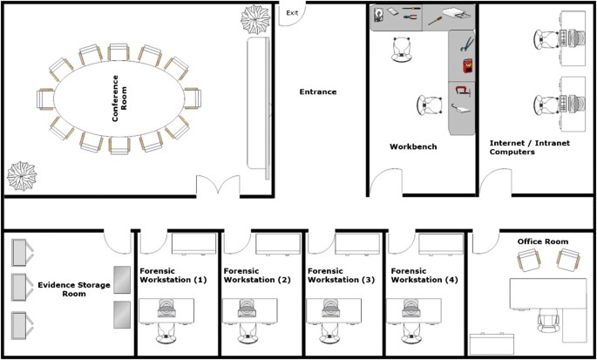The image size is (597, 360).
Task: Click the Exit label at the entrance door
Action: pyautogui.click(x=293, y=12)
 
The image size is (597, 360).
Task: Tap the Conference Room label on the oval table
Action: pyautogui.click(x=119, y=98)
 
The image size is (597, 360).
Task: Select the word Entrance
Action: pyautogui.click(x=318, y=92)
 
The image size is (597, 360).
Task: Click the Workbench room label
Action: pyautogui.click(x=413, y=146)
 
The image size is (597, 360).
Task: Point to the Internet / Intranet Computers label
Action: pyautogui.click(x=530, y=147)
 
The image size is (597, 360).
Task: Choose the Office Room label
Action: pyautogui.click(x=543, y=241)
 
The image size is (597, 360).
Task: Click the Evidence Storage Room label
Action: pyautogui.click(x=74, y=289)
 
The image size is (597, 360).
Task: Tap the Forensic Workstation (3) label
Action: pyautogui.click(x=341, y=275)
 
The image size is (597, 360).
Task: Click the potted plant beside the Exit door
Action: pyautogui.click(x=255, y=18)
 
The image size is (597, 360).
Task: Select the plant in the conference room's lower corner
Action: pyautogui.click(x=22, y=176)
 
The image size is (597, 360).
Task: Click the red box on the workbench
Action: pyautogui.click(x=467, y=66)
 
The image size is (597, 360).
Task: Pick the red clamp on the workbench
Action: pyautogui.click(x=462, y=92)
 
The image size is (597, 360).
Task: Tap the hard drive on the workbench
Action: pyautogui.click(x=378, y=15)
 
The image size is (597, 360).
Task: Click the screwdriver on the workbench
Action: pyautogui.click(x=435, y=20)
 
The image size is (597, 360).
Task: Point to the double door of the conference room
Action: pyautogui.click(x=218, y=185)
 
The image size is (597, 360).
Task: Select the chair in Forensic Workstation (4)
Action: pyautogui.click(x=411, y=334)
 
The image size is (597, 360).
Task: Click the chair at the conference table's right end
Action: pyautogui.click(x=193, y=98)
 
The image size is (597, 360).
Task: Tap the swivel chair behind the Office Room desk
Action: pyautogui.click(x=549, y=321)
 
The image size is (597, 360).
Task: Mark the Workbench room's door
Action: pyautogui.click(x=386, y=182)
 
